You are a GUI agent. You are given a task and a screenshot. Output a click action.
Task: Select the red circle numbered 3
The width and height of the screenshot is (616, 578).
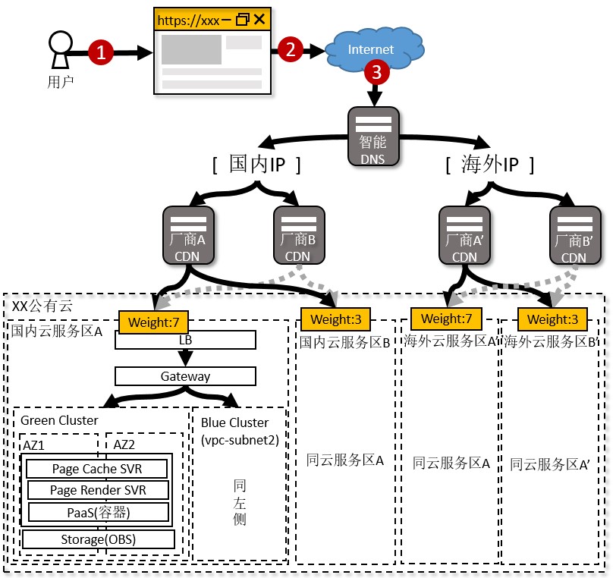377,72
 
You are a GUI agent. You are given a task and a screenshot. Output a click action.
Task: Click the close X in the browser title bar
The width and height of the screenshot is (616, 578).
259,19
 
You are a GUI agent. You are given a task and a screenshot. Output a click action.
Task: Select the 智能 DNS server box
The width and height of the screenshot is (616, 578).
373,137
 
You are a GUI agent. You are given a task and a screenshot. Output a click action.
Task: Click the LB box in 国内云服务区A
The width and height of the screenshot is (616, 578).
185,341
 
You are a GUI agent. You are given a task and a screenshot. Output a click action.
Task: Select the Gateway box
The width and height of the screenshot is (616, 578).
185,376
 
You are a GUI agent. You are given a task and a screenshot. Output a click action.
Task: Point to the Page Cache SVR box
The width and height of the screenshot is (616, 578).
97,469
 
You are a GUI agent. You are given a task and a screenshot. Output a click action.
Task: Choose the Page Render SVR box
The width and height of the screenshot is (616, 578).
98,490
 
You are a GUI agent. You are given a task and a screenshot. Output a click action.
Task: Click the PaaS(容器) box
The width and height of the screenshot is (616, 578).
98,512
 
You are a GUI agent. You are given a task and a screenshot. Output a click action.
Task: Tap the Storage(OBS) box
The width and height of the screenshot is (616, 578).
99,539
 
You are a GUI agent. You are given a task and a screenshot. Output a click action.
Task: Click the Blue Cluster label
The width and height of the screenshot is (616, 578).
234,423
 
